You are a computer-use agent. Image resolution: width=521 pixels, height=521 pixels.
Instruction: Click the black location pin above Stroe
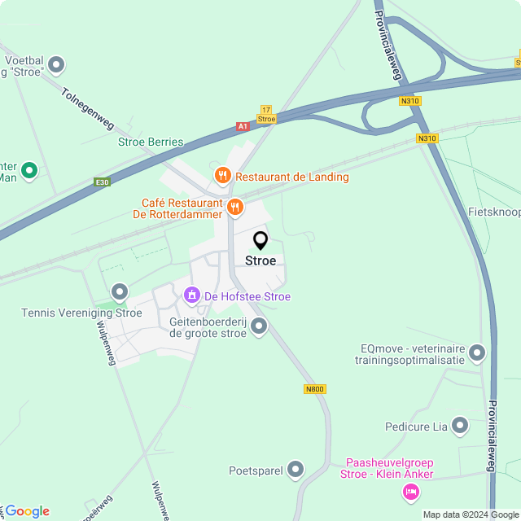click(x=260, y=241)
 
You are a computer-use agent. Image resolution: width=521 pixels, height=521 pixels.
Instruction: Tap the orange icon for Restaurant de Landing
click(x=221, y=176)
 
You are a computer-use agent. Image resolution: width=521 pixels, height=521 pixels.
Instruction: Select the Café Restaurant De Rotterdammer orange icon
click(x=235, y=207)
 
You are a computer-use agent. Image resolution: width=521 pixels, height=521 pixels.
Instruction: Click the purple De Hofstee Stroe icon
click(x=192, y=296)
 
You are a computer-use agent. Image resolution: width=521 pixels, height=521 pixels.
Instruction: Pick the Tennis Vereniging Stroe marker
click(x=120, y=291)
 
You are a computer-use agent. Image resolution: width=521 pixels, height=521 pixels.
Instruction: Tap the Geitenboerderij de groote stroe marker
click(x=259, y=327)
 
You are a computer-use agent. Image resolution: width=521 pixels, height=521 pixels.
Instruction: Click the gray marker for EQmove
click(x=477, y=353)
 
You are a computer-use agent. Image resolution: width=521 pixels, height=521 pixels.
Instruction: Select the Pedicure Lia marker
click(x=460, y=426)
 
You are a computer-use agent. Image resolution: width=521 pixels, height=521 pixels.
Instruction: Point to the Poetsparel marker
click(x=296, y=470)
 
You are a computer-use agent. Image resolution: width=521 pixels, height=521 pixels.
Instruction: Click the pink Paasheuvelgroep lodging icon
click(x=411, y=492)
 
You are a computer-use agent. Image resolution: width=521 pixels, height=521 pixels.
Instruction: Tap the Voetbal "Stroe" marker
click(x=56, y=64)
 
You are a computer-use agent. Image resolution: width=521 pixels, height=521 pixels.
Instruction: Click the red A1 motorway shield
click(x=243, y=126)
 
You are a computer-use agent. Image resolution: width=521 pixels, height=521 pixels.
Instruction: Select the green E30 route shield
click(x=101, y=182)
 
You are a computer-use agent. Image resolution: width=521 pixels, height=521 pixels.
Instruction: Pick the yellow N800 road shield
click(x=315, y=389)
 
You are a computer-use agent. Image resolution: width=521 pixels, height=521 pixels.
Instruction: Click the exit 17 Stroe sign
click(x=266, y=114)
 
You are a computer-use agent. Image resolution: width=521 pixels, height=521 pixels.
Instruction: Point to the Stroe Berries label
click(x=151, y=142)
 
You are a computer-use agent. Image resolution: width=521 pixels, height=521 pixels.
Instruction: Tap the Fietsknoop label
click(x=494, y=211)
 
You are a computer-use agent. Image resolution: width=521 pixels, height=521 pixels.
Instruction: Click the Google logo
click(x=26, y=511)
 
